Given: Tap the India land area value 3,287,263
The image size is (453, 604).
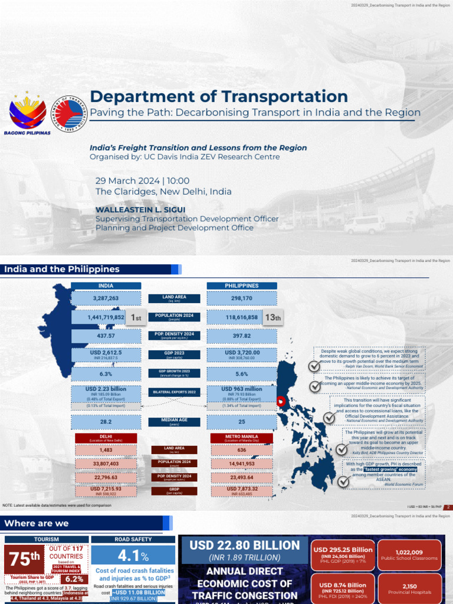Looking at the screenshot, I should (106, 298).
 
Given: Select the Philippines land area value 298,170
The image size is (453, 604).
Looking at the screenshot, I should (242, 298).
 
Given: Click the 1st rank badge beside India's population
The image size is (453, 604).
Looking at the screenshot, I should (136, 318).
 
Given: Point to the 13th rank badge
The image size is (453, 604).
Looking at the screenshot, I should (273, 318).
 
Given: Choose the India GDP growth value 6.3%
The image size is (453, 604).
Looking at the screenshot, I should (106, 374).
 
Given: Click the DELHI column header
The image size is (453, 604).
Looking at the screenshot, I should (106, 438).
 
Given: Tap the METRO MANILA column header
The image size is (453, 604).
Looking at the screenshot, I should (242, 438).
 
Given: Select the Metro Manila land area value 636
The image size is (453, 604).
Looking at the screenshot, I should (242, 450).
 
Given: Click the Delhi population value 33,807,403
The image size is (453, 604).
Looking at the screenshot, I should (106, 464).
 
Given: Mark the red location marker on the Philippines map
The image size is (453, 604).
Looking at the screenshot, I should (281, 401).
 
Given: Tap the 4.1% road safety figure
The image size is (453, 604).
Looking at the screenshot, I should (133, 556).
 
